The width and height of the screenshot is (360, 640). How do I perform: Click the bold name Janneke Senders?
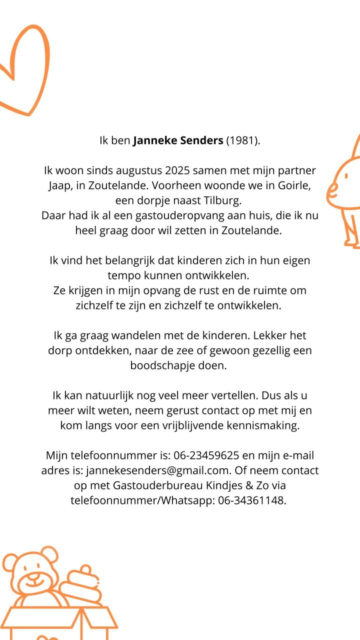click(178, 140)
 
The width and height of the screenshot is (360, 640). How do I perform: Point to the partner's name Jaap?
click(60, 185)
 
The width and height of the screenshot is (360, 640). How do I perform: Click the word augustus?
click(136, 170)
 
